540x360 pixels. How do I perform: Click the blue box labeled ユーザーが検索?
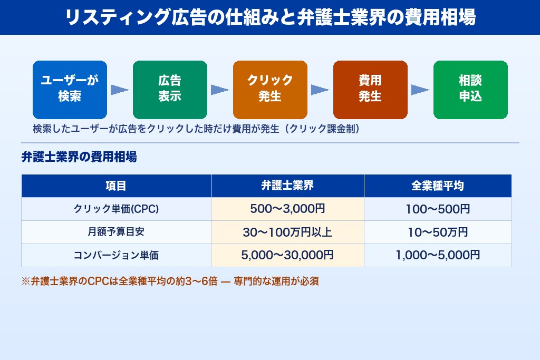pos(70,90)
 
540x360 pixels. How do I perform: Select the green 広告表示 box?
pos(170,90)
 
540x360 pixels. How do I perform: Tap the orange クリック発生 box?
pos(270,90)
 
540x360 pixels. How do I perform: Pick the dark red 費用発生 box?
pos(370,90)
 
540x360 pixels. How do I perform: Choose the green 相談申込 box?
pos(470,90)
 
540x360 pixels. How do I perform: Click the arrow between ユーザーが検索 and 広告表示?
pos(120,90)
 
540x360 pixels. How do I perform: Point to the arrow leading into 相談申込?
pos(420,90)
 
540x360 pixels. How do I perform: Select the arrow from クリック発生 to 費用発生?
pos(320,90)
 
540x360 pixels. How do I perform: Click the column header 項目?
pos(116,186)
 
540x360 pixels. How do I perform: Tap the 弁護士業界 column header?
pos(287,186)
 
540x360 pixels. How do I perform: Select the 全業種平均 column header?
pos(438,186)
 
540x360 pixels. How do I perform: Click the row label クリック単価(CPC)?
pos(116,209)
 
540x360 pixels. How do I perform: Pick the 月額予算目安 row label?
pos(116,232)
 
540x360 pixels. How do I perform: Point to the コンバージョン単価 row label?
pos(116,256)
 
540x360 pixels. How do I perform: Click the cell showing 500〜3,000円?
pos(287,209)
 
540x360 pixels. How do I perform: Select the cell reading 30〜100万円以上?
pos(287,232)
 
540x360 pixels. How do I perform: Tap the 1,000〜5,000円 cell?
pos(438,256)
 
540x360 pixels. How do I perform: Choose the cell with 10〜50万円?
pos(438,232)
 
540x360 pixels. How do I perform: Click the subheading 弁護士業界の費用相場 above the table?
pos(79,157)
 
